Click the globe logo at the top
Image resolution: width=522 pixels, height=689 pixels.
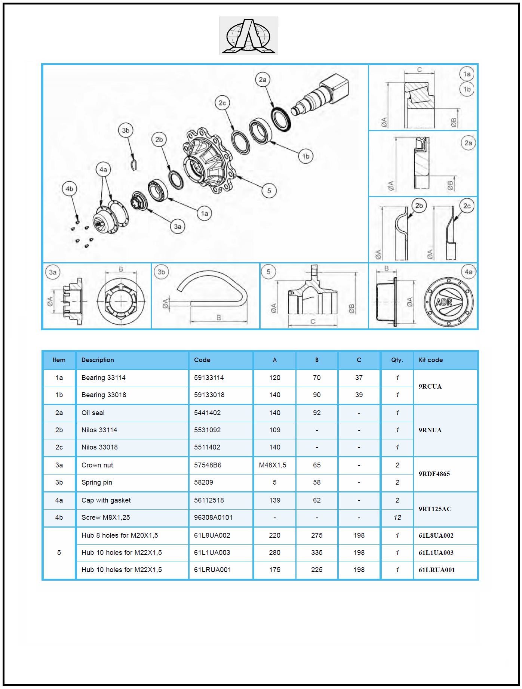249,36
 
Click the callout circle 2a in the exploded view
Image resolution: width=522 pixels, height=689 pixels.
263,80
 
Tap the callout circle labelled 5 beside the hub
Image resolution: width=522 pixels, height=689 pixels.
269,191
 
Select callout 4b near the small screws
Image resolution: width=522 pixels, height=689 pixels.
70,189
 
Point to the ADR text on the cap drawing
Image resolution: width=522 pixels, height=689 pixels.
444,302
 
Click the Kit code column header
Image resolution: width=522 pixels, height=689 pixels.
431,360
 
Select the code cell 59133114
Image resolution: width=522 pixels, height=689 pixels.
209,378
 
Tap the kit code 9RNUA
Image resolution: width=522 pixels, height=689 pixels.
430,430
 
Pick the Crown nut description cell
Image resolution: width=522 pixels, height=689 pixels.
97,465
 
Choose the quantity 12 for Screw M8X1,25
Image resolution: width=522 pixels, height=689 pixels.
397,517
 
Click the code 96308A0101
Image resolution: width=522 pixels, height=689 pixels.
213,517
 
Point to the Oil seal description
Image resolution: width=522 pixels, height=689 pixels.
93,413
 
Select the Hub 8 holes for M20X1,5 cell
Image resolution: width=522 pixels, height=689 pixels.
120,535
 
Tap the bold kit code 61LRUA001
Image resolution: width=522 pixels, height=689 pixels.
437,570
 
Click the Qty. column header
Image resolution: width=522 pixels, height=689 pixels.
397,360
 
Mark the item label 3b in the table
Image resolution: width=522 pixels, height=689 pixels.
59,482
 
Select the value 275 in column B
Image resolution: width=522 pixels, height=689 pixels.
317,535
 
